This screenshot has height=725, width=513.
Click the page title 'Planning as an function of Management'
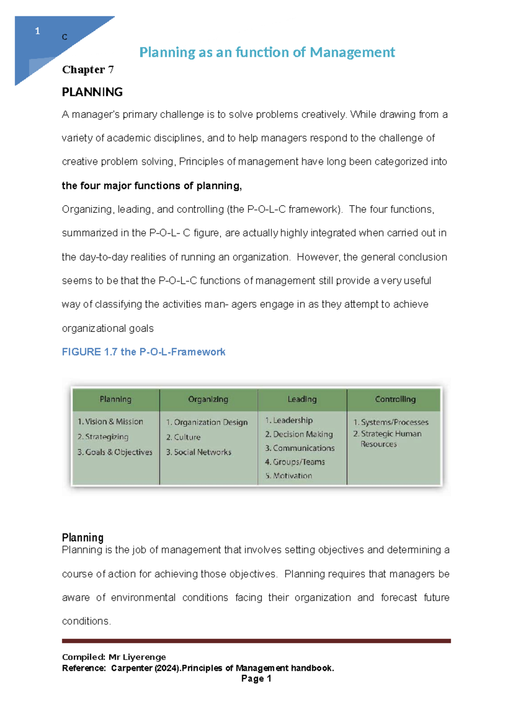coord(267,52)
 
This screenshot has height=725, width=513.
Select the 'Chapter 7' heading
coord(88,70)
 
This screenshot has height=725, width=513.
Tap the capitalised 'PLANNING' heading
coord(92,92)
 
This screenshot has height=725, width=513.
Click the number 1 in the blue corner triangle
coord(38,31)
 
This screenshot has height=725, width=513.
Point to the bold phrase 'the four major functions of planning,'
coord(152,186)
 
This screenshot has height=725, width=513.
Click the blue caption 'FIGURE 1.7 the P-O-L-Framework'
coord(143,352)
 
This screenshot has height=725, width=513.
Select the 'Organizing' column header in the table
coord(208,399)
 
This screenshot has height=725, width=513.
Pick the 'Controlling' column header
coord(395,399)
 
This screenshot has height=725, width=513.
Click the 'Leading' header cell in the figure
coord(302,399)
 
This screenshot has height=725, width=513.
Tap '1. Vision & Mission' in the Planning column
coord(110,421)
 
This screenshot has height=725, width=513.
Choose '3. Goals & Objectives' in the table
coord(115,452)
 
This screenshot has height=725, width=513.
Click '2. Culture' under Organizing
coord(183,437)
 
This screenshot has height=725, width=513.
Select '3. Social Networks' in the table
coord(198,452)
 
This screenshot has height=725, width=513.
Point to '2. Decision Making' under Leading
coord(298,434)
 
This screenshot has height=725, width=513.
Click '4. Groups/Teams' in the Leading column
coord(295,462)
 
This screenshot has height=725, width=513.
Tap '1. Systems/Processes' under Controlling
coord(391,422)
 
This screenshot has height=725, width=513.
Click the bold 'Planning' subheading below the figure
coord(83,537)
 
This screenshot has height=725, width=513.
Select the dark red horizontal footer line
coord(256,641)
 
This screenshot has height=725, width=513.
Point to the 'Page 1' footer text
coord(256,679)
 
